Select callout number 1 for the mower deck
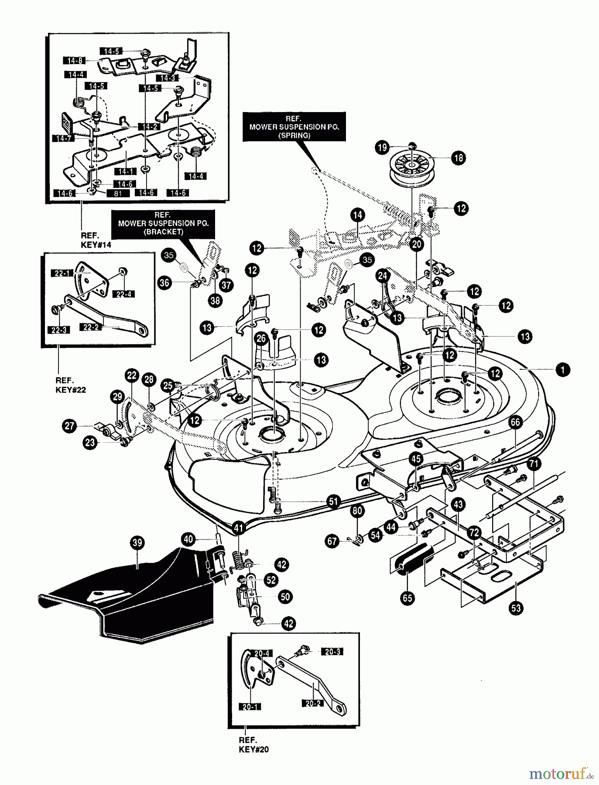tap(563, 370)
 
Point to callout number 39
tap(137, 543)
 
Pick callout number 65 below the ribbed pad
tap(407, 597)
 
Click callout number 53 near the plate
tap(516, 608)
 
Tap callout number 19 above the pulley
tap(382, 147)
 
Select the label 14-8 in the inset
tap(75, 60)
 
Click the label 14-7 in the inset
tap(63, 138)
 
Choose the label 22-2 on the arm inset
tap(91, 327)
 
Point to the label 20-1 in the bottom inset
tap(249, 706)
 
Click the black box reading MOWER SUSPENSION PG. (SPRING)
tap(294, 127)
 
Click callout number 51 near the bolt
tap(334, 502)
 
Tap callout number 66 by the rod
tap(515, 422)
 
